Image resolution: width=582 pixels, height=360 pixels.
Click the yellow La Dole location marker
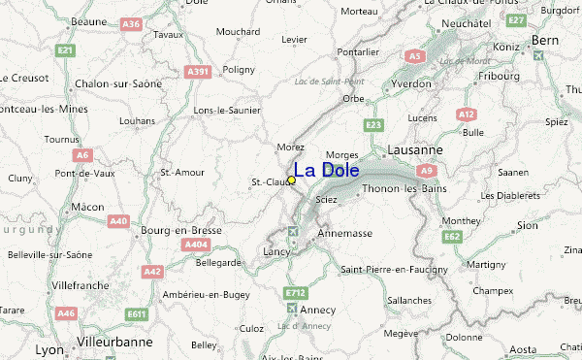[x=291, y=180]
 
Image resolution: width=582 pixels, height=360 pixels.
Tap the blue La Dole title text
[x=326, y=171]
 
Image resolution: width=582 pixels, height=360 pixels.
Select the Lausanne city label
[x=414, y=150]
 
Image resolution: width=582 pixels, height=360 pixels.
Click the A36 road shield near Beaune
[x=132, y=23]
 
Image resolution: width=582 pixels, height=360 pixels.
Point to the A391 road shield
[x=199, y=71]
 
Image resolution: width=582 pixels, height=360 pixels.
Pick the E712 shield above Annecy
[x=296, y=292]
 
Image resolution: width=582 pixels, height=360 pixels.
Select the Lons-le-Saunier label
[x=228, y=111]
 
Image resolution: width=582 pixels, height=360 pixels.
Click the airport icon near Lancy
[x=294, y=231]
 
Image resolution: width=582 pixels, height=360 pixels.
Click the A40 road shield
[x=118, y=222]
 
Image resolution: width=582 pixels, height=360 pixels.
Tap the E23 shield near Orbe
[x=374, y=125]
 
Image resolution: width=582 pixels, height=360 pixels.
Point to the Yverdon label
[x=411, y=83]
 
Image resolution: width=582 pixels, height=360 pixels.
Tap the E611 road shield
[x=136, y=313]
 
